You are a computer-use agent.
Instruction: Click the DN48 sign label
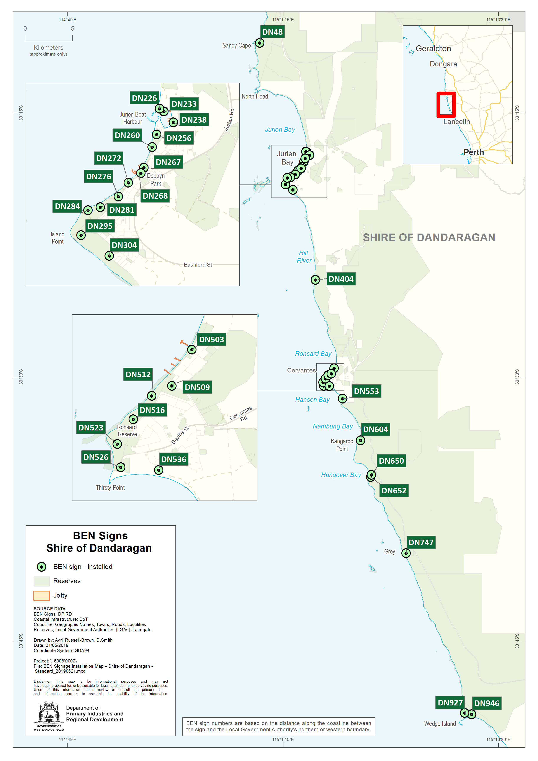tap(272, 32)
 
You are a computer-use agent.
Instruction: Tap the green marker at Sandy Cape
tap(260, 43)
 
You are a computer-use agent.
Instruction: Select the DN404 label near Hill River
tap(341, 279)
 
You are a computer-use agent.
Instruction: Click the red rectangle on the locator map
tap(446, 105)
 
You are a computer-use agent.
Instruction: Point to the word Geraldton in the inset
tap(433, 49)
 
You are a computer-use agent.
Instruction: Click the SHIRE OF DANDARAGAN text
tap(429, 237)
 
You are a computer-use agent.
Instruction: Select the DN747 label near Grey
tap(421, 542)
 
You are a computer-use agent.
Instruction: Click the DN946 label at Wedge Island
tap(486, 703)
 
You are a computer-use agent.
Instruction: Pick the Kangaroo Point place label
tap(342, 445)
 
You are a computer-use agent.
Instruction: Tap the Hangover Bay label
tap(341, 475)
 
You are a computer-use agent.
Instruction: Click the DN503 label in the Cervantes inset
tap(211, 339)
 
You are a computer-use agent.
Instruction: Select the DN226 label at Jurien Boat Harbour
tap(144, 98)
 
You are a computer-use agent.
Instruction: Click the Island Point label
tap(58, 238)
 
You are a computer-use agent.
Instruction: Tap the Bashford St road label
tap(198, 265)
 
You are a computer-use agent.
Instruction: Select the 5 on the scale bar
tap(73, 28)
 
